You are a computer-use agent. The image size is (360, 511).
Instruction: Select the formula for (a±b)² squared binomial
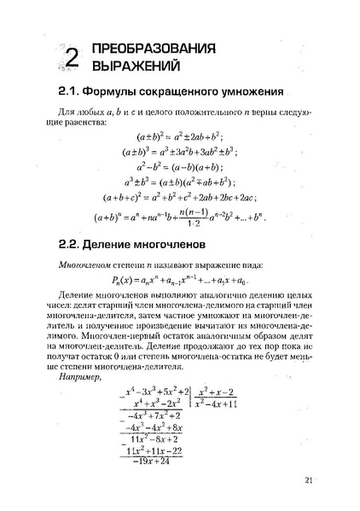179,136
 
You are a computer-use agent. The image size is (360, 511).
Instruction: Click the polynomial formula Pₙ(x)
179,279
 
